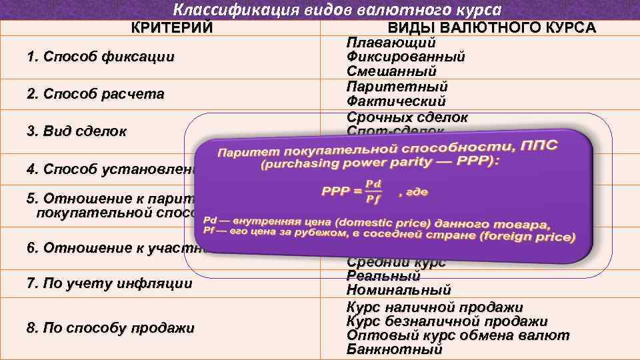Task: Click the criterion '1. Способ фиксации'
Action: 101,57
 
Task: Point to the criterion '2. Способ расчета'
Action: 95,94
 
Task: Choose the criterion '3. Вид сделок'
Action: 77,131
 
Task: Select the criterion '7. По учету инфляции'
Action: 109,284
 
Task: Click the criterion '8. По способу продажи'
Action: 111,328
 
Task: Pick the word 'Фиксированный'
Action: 405,57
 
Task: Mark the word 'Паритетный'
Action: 397,87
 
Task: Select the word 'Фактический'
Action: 396,101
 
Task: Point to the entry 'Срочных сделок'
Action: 407,117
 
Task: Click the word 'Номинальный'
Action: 399,291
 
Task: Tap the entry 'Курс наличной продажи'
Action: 435,307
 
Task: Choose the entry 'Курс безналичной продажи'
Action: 447,321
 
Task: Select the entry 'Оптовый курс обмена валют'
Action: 458,335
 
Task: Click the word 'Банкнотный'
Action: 394,349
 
